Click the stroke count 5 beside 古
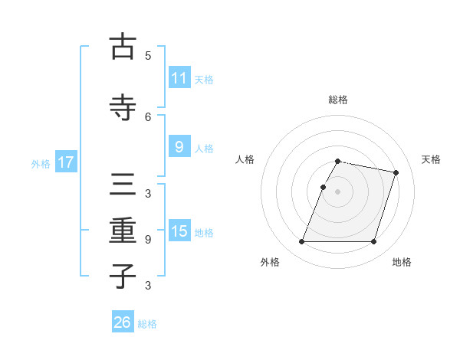148,56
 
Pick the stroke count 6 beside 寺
148,116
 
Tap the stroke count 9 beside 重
148,240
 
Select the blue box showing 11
179,78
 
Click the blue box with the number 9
179,147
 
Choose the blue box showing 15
179,231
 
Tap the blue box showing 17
65,162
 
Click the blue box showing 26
122,323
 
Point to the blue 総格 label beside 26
147,324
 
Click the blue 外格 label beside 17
41,163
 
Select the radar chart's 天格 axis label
431,159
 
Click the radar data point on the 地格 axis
373,242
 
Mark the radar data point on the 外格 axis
302,242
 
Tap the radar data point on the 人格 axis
324,187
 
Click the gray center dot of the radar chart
337,191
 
